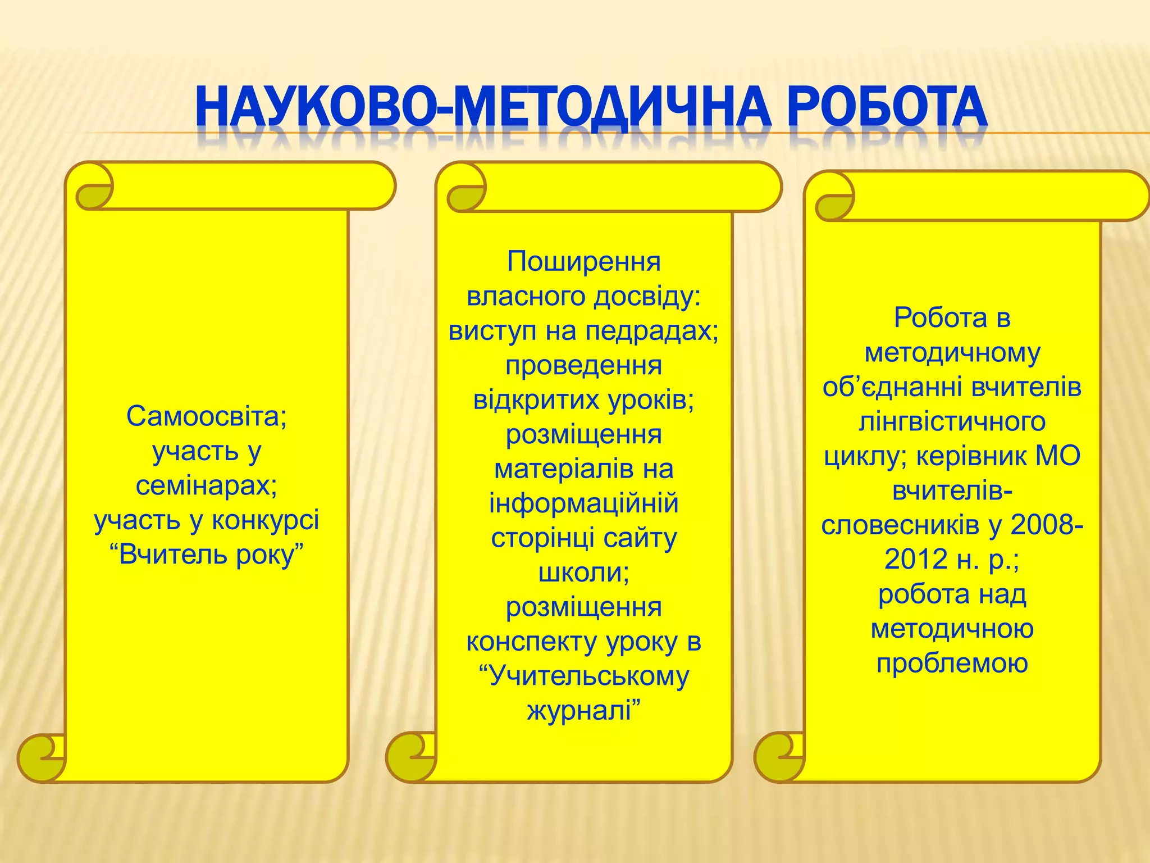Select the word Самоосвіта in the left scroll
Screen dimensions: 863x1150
point(203,416)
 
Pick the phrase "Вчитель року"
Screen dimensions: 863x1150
point(207,555)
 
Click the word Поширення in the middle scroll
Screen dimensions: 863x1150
point(583,261)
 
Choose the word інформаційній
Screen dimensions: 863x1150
point(583,503)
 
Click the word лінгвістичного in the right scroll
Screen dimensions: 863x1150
point(952,421)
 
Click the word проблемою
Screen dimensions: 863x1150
point(952,664)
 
